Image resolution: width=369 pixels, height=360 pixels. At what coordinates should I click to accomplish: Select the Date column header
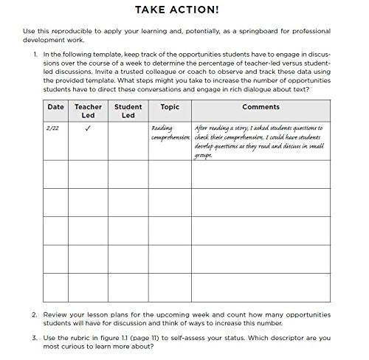[55, 107]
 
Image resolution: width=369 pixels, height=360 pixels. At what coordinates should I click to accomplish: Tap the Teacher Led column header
[88, 111]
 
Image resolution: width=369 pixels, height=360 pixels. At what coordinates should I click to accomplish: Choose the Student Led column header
[128, 111]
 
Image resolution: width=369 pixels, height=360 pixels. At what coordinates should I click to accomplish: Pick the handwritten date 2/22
[52, 128]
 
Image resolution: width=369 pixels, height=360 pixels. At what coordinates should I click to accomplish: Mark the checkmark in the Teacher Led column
[87, 128]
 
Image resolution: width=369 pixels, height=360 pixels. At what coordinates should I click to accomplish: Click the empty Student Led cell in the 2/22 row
[128, 140]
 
